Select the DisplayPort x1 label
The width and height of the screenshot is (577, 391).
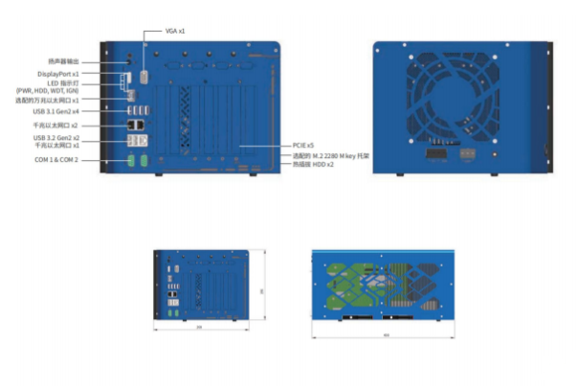[x=58, y=73]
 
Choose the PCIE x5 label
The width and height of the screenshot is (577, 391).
[x=304, y=147]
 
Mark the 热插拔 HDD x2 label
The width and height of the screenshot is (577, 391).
[x=313, y=164]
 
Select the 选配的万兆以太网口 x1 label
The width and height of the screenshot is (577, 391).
[x=55, y=101]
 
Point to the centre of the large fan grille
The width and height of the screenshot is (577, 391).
[x=454, y=90]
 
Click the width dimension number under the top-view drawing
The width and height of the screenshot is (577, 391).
[x=386, y=335]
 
